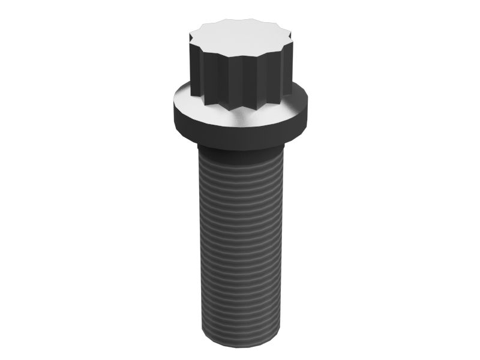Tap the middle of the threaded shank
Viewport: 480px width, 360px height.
(240, 246)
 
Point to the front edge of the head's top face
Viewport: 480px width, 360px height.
(240, 56)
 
